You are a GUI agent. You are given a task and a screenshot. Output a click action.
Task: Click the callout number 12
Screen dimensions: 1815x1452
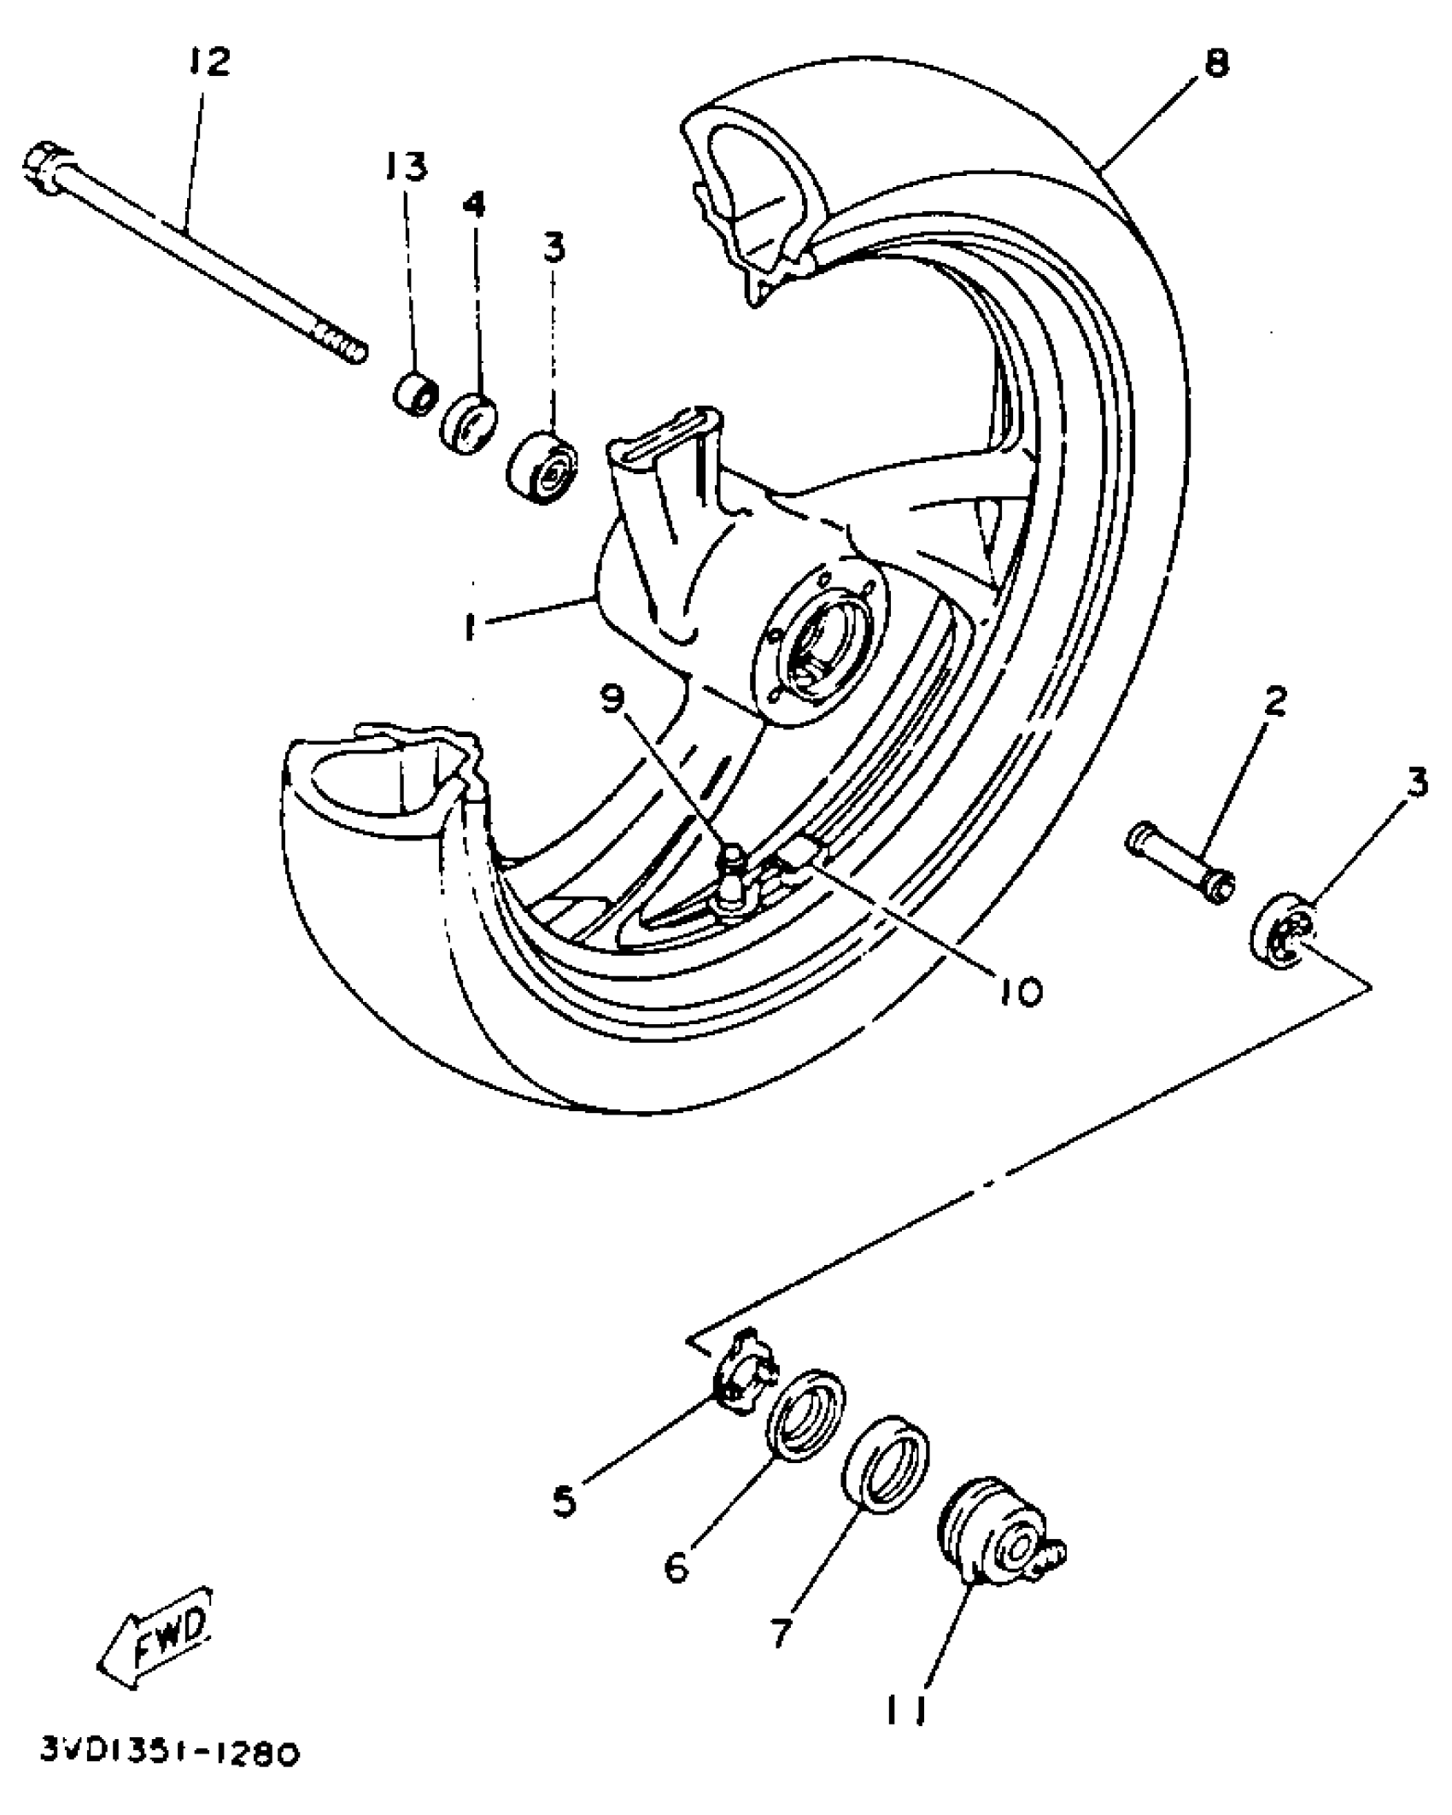pos(208,61)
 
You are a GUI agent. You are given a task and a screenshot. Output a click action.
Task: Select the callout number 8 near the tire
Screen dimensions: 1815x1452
pos(1216,63)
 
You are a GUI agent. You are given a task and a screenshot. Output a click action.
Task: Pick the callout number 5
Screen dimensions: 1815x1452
pos(565,1502)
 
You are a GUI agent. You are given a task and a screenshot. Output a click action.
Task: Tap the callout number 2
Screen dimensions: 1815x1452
pos(1273,701)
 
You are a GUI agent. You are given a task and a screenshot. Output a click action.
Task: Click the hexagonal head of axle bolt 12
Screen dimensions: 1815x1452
pos(41,164)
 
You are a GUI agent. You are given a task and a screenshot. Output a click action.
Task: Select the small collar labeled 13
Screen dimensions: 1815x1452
pos(415,394)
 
